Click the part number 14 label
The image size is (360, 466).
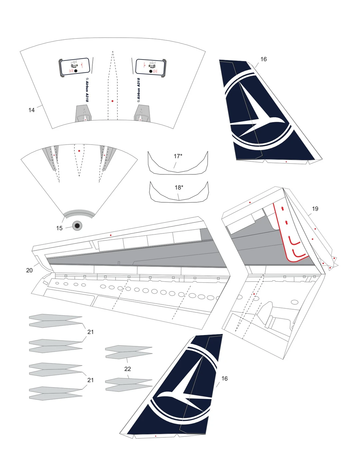click(31, 110)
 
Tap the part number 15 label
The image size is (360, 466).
click(59, 228)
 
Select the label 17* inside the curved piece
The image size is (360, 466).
click(178, 156)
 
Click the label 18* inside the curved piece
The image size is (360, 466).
click(179, 187)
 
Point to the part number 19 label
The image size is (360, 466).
click(315, 209)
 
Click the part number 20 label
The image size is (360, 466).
click(29, 270)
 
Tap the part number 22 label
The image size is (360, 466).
click(127, 369)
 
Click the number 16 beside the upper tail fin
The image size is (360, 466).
click(263, 59)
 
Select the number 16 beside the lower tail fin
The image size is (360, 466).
click(224, 379)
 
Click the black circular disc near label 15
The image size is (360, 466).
click(77, 226)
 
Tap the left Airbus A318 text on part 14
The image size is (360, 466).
click(87, 90)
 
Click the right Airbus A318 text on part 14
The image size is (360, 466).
click(138, 90)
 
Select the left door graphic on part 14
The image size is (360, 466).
click(75, 67)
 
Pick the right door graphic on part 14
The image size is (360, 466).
click(150, 67)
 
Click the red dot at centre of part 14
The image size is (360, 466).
click(113, 101)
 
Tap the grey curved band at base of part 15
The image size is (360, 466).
click(79, 213)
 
